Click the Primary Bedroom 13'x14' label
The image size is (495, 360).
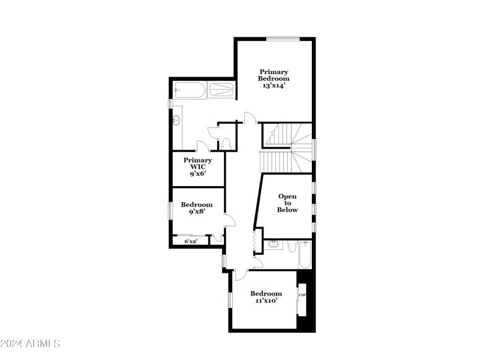click(274, 79)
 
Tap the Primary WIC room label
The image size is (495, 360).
click(197, 167)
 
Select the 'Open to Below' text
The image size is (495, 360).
click(287, 203)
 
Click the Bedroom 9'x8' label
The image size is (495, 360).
click(197, 208)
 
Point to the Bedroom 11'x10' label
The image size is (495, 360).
click(266, 297)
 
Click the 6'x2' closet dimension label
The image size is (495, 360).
click(191, 241)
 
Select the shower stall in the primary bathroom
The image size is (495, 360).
click(221, 90)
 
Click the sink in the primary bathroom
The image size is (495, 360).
click(177, 119)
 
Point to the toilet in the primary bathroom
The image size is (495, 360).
click(226, 143)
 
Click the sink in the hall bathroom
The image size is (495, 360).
click(273, 246)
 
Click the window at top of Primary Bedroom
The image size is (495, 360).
click(283, 39)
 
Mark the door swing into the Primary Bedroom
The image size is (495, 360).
click(249, 118)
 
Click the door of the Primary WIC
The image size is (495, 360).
click(201, 146)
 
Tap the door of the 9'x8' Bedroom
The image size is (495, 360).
click(229, 220)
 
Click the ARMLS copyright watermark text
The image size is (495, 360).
click(30, 343)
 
